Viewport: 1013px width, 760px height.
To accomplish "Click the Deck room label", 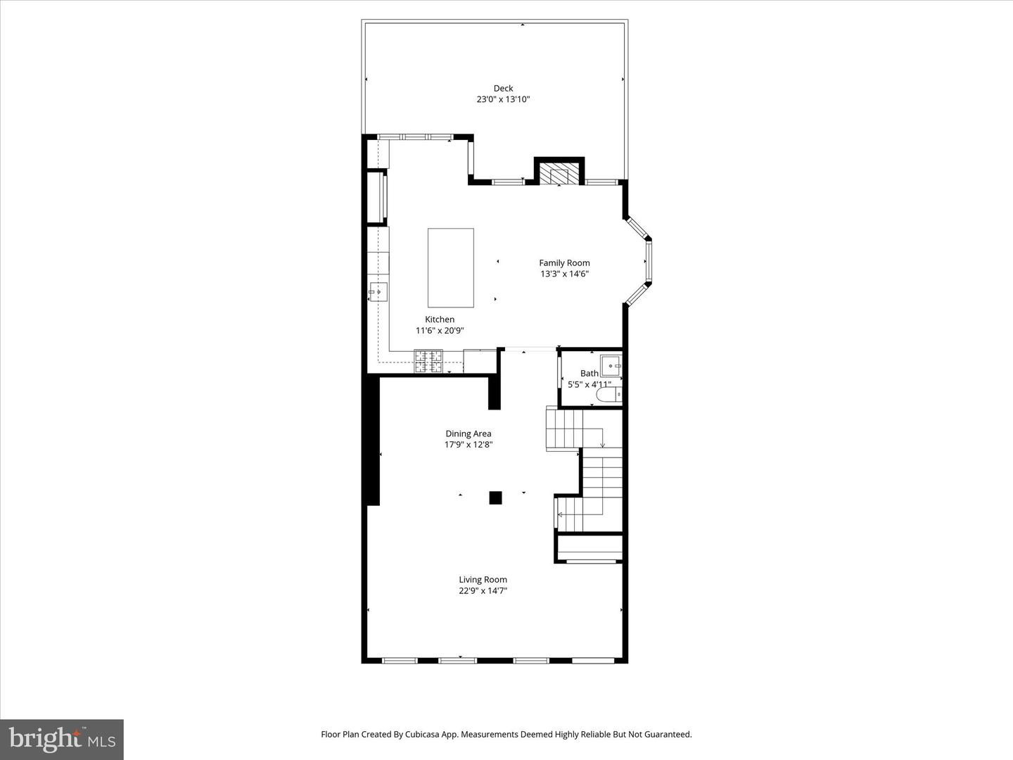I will pos(503,89).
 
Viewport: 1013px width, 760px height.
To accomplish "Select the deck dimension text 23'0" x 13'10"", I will pos(503,100).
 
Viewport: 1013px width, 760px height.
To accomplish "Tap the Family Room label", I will pos(564,263).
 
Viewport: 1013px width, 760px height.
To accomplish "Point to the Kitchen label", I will pos(440,319).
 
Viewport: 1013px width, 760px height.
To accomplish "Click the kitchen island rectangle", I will pos(450,267).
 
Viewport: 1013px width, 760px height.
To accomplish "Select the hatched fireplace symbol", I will pos(559,175).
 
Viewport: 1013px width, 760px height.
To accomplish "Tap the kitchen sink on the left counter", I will pos(378,291).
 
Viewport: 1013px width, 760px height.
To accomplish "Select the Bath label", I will pos(590,374).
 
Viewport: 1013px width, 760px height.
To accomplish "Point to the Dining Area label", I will pos(468,434).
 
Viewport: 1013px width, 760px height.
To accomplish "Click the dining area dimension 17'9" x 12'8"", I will pos(468,445).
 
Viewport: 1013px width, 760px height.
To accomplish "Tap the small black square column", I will pos(495,498).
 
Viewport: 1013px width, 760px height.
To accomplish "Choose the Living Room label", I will pos(483,580).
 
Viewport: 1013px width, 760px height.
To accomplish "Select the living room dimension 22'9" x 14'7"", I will pos(483,591).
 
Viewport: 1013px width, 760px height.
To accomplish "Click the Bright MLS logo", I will pos(62,739).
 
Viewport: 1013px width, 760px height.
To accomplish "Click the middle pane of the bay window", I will pos(648,262).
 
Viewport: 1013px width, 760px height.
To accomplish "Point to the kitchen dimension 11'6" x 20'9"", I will pos(440,331).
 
